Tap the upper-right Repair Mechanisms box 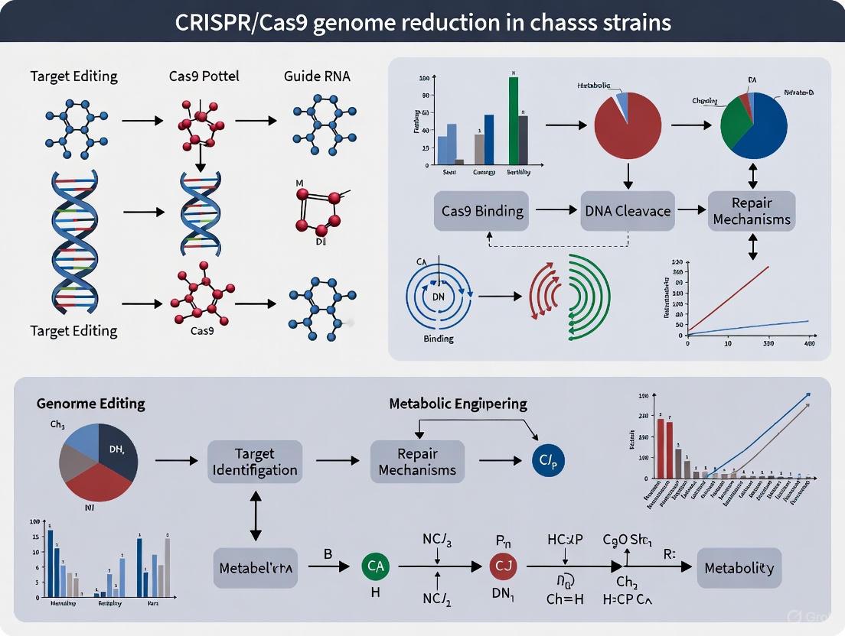pos(751,211)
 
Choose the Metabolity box pos(739,568)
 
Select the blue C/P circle pos(546,461)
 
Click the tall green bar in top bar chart pos(513,122)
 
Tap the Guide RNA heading pos(316,76)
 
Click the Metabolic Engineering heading pos(458,403)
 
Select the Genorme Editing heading pos(90,403)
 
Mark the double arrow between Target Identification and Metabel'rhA pos(255,514)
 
